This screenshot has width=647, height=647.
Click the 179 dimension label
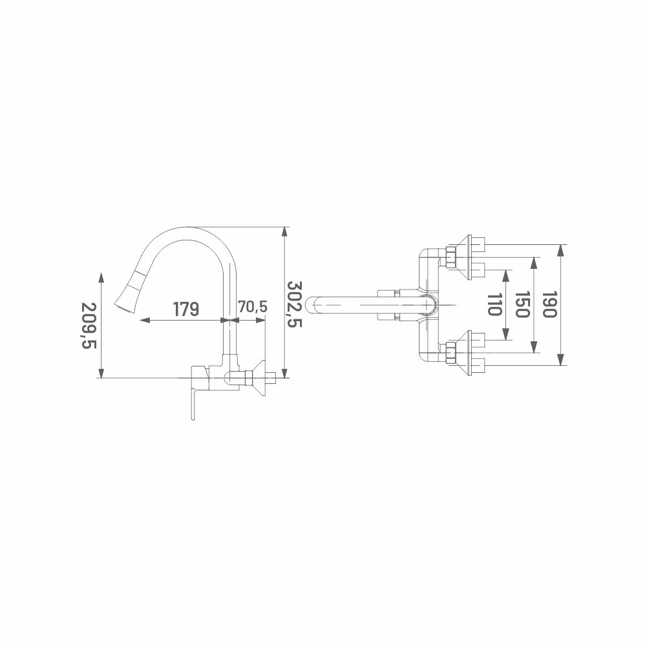pyautogui.click(x=186, y=309)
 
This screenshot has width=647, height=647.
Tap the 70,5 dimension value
pyautogui.click(x=253, y=307)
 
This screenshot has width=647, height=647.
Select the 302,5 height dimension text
pyautogui.click(x=295, y=304)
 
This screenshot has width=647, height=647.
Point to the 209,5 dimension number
pyautogui.click(x=89, y=326)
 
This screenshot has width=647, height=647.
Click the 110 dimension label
pyautogui.click(x=494, y=304)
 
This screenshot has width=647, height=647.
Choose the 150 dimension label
pyautogui.click(x=522, y=304)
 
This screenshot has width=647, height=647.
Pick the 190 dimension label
pyautogui.click(x=549, y=304)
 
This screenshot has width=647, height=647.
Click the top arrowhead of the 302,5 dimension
pyautogui.click(x=284, y=232)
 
